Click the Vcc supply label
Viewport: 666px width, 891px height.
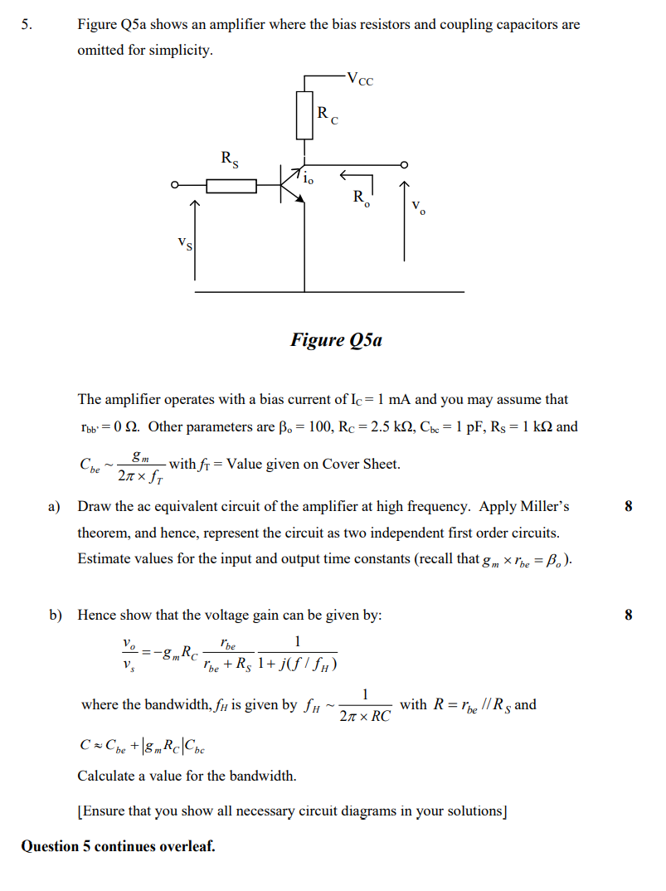361,80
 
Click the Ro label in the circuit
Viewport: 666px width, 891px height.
359,197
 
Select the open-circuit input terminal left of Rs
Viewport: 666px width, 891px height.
175,186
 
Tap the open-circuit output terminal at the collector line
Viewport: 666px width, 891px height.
405,164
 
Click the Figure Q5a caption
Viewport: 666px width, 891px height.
336,340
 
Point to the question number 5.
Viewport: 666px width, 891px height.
27,24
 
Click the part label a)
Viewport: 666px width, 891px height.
56,506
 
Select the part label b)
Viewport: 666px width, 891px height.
56,616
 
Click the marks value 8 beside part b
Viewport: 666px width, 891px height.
628,616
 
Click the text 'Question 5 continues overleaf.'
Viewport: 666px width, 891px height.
118,846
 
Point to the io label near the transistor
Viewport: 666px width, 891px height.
309,178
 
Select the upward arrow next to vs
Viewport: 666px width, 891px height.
196,241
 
